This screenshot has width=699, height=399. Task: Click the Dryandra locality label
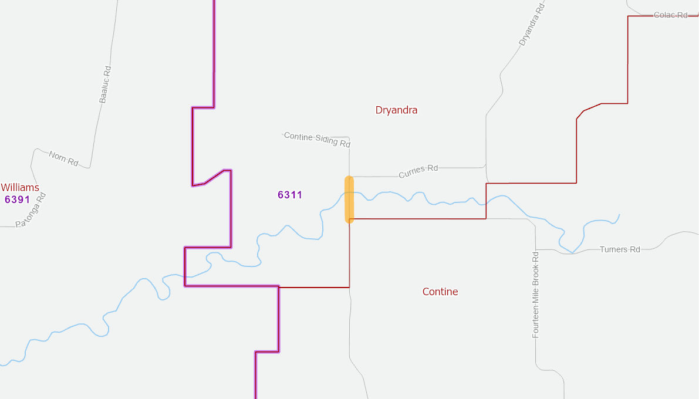pyautogui.click(x=396, y=110)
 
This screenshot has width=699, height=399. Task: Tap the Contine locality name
pyautogui.click(x=440, y=292)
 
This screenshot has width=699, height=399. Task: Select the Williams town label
pyautogui.click(x=20, y=188)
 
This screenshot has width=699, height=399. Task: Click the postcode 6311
pyautogui.click(x=290, y=195)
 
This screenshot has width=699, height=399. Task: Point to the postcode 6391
pyautogui.click(x=17, y=199)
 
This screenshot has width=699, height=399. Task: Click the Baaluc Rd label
pyautogui.click(x=105, y=84)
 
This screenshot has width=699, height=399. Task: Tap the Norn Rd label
pyautogui.click(x=63, y=158)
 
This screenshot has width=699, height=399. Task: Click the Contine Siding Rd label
pyautogui.click(x=317, y=140)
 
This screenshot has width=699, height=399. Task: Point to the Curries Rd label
pyautogui.click(x=418, y=171)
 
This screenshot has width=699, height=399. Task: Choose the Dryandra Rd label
pyautogui.click(x=532, y=24)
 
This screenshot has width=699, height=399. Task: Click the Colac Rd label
pyautogui.click(x=670, y=15)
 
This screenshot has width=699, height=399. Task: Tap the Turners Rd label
pyautogui.click(x=620, y=249)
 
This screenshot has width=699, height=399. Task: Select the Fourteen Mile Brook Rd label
pyautogui.click(x=535, y=295)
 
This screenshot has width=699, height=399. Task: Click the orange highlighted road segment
pyautogui.click(x=349, y=199)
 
